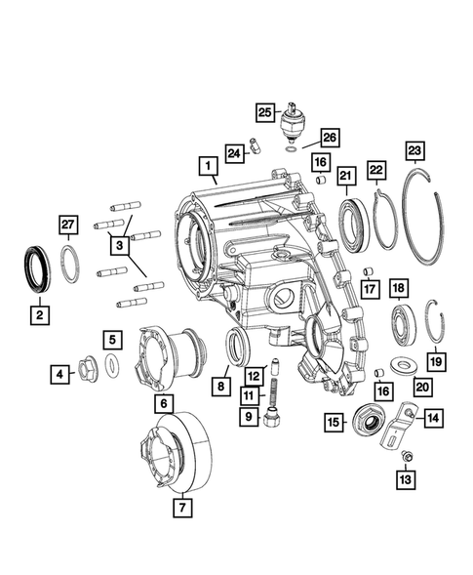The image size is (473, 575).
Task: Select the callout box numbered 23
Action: tap(414, 151)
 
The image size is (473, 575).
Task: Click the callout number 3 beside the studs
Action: tap(119, 247)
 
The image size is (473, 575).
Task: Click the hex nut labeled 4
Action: tap(85, 372)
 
